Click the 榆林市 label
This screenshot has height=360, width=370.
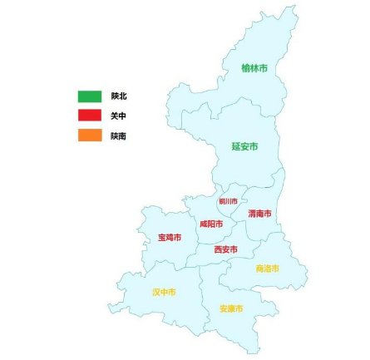point(254,68)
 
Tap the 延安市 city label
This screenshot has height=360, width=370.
point(244,146)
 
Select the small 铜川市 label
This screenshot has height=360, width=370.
point(228,201)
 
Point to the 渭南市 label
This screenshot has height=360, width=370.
point(259,214)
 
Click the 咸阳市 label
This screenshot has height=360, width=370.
point(210,224)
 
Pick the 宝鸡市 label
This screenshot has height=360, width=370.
point(169,238)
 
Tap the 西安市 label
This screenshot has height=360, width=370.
point(225,249)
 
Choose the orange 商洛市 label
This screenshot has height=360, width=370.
point(268,269)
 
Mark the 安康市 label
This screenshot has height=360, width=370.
point(231,308)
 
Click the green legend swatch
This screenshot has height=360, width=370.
point(90,96)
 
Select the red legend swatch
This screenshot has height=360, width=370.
point(90,116)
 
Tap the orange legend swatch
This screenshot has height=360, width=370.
point(90,135)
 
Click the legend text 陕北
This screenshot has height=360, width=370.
point(118,96)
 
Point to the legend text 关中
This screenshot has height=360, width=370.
point(118,116)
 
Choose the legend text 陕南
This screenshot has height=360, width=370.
point(118,136)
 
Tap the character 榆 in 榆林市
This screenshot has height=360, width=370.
point(245,68)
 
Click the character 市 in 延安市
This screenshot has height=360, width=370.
point(254,146)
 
